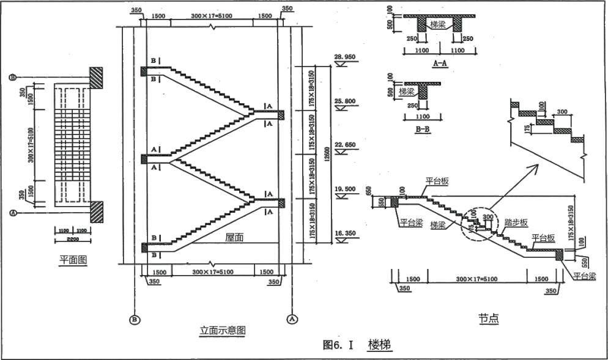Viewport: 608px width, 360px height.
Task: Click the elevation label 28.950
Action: pos(345,57)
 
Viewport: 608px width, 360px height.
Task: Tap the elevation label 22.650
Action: pos(345,145)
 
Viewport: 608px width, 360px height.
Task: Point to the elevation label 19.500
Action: pos(345,189)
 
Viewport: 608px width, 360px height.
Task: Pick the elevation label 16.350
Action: pos(345,233)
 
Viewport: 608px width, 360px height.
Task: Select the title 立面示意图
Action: pos(223,330)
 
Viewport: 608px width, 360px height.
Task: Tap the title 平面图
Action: pos(73,259)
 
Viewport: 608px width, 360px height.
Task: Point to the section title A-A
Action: pos(439,63)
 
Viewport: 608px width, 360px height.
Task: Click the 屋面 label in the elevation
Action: pos(234,238)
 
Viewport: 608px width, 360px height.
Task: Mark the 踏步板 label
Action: pos(516,222)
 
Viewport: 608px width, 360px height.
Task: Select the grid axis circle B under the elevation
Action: pos(134,318)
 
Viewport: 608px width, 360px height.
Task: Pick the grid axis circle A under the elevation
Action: pos(292,318)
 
